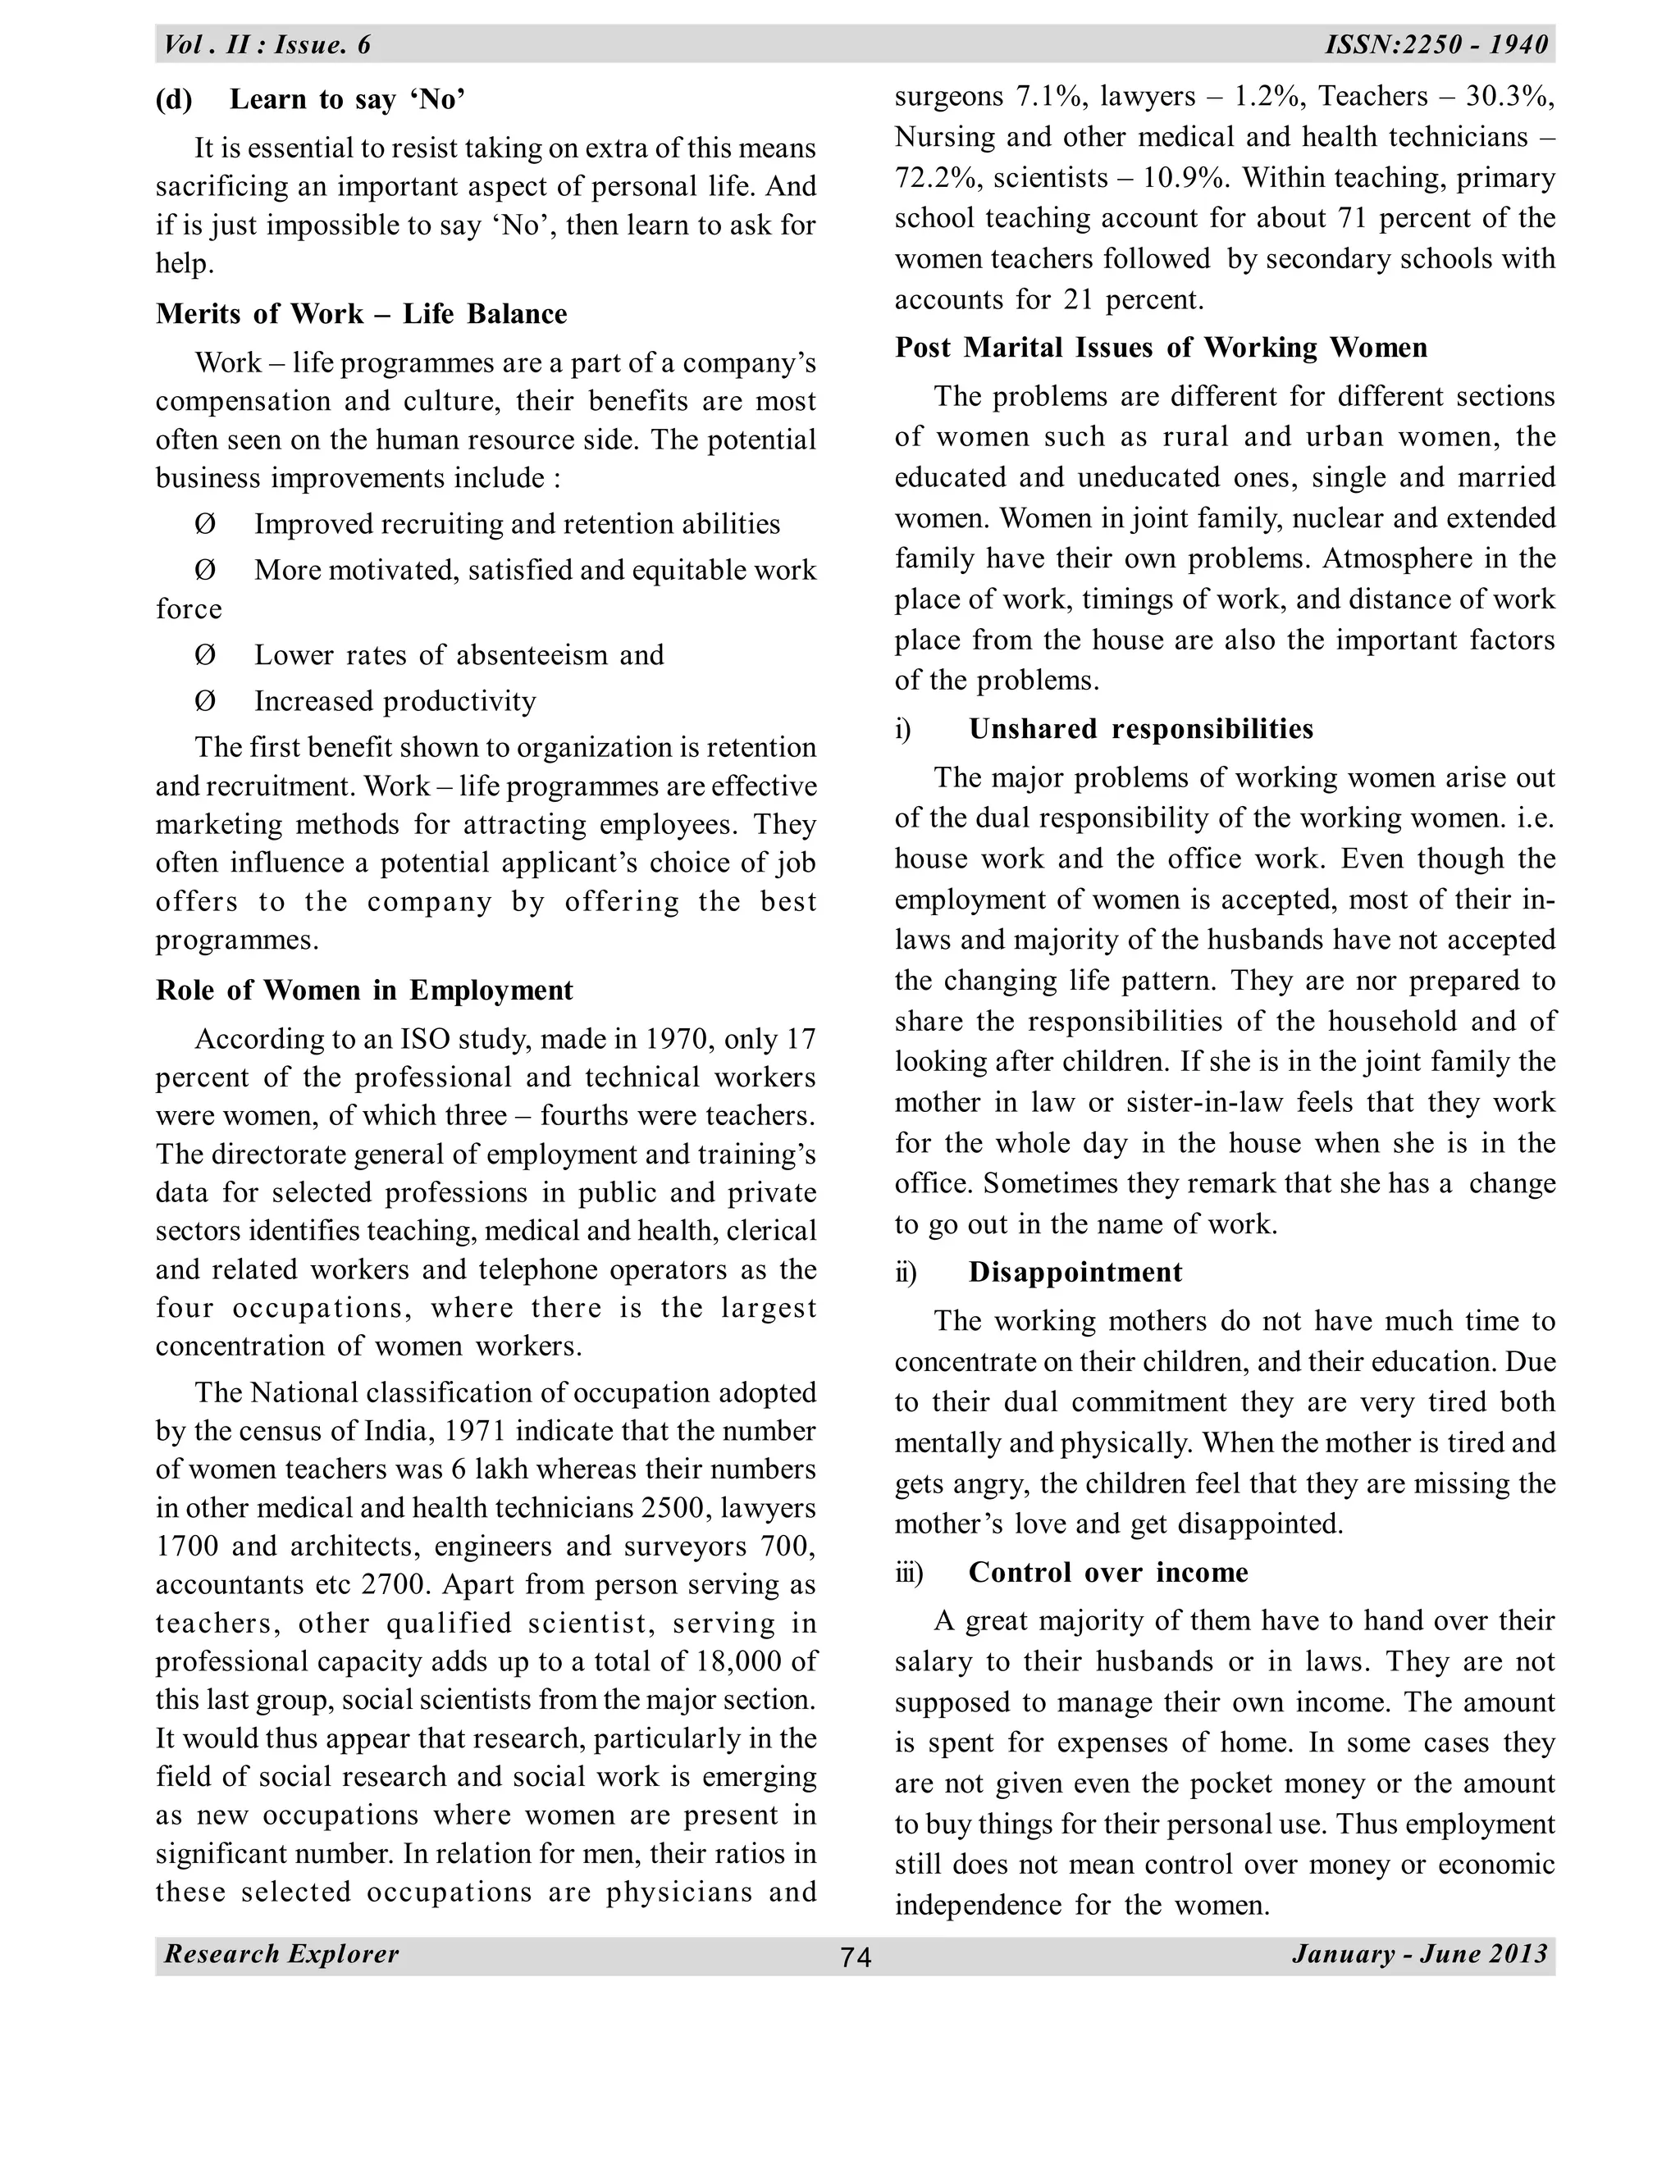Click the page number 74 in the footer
click(855, 1957)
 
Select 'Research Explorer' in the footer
click(281, 1953)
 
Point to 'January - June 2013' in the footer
click(1420, 1953)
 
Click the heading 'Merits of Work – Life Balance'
click(361, 313)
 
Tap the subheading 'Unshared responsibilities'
click(1140, 728)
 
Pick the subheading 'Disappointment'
click(1075, 1272)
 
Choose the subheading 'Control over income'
click(1107, 1572)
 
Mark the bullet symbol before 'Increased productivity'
click(205, 701)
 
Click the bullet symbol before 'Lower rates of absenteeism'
click(205, 656)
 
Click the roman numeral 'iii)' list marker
click(909, 1572)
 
